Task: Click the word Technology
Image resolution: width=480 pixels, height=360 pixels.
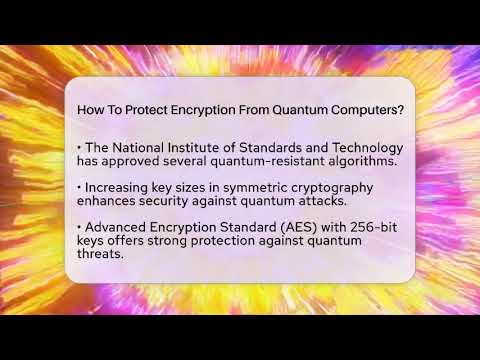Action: point(352,147)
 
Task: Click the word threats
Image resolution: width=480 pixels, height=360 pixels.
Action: point(100,254)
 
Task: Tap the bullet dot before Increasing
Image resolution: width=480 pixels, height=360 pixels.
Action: point(79,188)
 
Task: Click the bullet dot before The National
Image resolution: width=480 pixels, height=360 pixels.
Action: point(79,147)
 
